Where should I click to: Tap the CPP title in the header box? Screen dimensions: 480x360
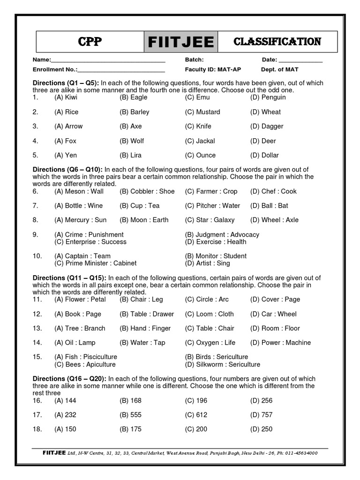90,42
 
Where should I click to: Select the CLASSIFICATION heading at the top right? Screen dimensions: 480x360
277,42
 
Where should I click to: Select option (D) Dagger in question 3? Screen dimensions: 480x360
267,126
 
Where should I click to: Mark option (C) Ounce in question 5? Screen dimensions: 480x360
200,155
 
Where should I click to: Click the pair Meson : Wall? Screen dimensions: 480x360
79,191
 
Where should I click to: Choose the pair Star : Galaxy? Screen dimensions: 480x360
210,220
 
